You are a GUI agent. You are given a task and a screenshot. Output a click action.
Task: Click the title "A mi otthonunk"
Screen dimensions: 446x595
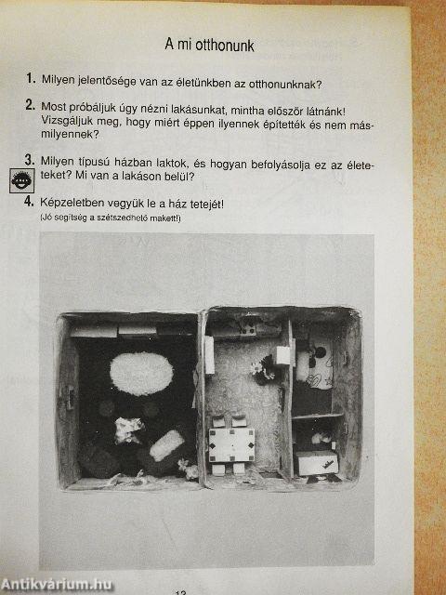(x=209, y=46)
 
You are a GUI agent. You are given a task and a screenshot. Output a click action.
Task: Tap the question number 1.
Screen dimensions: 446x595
(x=31, y=78)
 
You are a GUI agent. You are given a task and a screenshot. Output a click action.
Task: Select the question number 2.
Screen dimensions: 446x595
(x=31, y=105)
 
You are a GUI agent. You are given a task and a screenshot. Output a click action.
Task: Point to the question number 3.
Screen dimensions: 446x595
(x=30, y=160)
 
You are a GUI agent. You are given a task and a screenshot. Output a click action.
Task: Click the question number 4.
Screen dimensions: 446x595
(x=29, y=202)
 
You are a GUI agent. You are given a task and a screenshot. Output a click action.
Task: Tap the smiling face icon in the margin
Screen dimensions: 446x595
(x=22, y=180)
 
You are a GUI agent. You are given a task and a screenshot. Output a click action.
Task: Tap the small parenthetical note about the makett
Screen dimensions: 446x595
(x=111, y=218)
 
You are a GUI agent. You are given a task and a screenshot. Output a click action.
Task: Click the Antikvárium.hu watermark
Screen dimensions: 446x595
(x=56, y=585)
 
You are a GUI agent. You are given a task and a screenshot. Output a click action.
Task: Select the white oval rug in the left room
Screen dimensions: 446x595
(x=141, y=374)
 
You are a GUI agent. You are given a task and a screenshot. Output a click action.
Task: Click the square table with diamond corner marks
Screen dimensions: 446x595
(x=231, y=445)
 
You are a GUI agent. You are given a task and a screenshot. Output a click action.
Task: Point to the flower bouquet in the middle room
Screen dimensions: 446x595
(x=264, y=369)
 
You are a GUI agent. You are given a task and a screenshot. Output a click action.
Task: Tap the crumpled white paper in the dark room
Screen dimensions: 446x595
(x=128, y=430)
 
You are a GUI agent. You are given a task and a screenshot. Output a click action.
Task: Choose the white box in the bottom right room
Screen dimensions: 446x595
(x=317, y=463)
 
